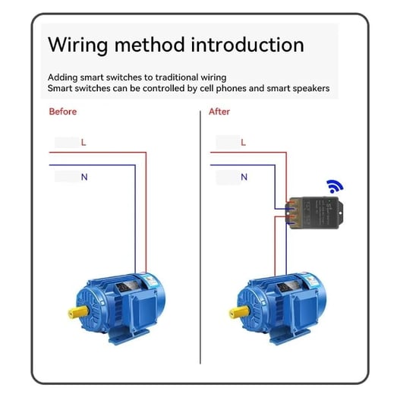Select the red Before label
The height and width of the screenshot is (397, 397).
pos(62,112)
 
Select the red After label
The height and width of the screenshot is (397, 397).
pos(219,112)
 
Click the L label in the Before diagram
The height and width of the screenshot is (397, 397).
pos(83,142)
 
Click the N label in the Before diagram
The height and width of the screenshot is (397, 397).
pos(84,177)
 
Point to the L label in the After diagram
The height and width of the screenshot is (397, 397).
pos(244,142)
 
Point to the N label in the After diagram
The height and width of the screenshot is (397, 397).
pos(244,177)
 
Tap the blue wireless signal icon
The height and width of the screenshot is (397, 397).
pos(335,185)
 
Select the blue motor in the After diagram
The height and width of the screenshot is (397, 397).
pos(277,304)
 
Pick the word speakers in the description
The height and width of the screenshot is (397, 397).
pos(309,89)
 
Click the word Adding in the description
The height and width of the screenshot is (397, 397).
pos(62,77)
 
